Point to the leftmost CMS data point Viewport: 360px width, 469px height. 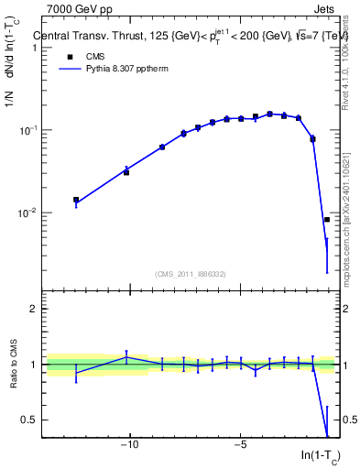76,200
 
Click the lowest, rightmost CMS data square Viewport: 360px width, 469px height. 327,220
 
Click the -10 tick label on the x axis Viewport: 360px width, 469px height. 130,447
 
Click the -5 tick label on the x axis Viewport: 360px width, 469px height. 240,447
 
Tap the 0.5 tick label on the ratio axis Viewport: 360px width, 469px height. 30,420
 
